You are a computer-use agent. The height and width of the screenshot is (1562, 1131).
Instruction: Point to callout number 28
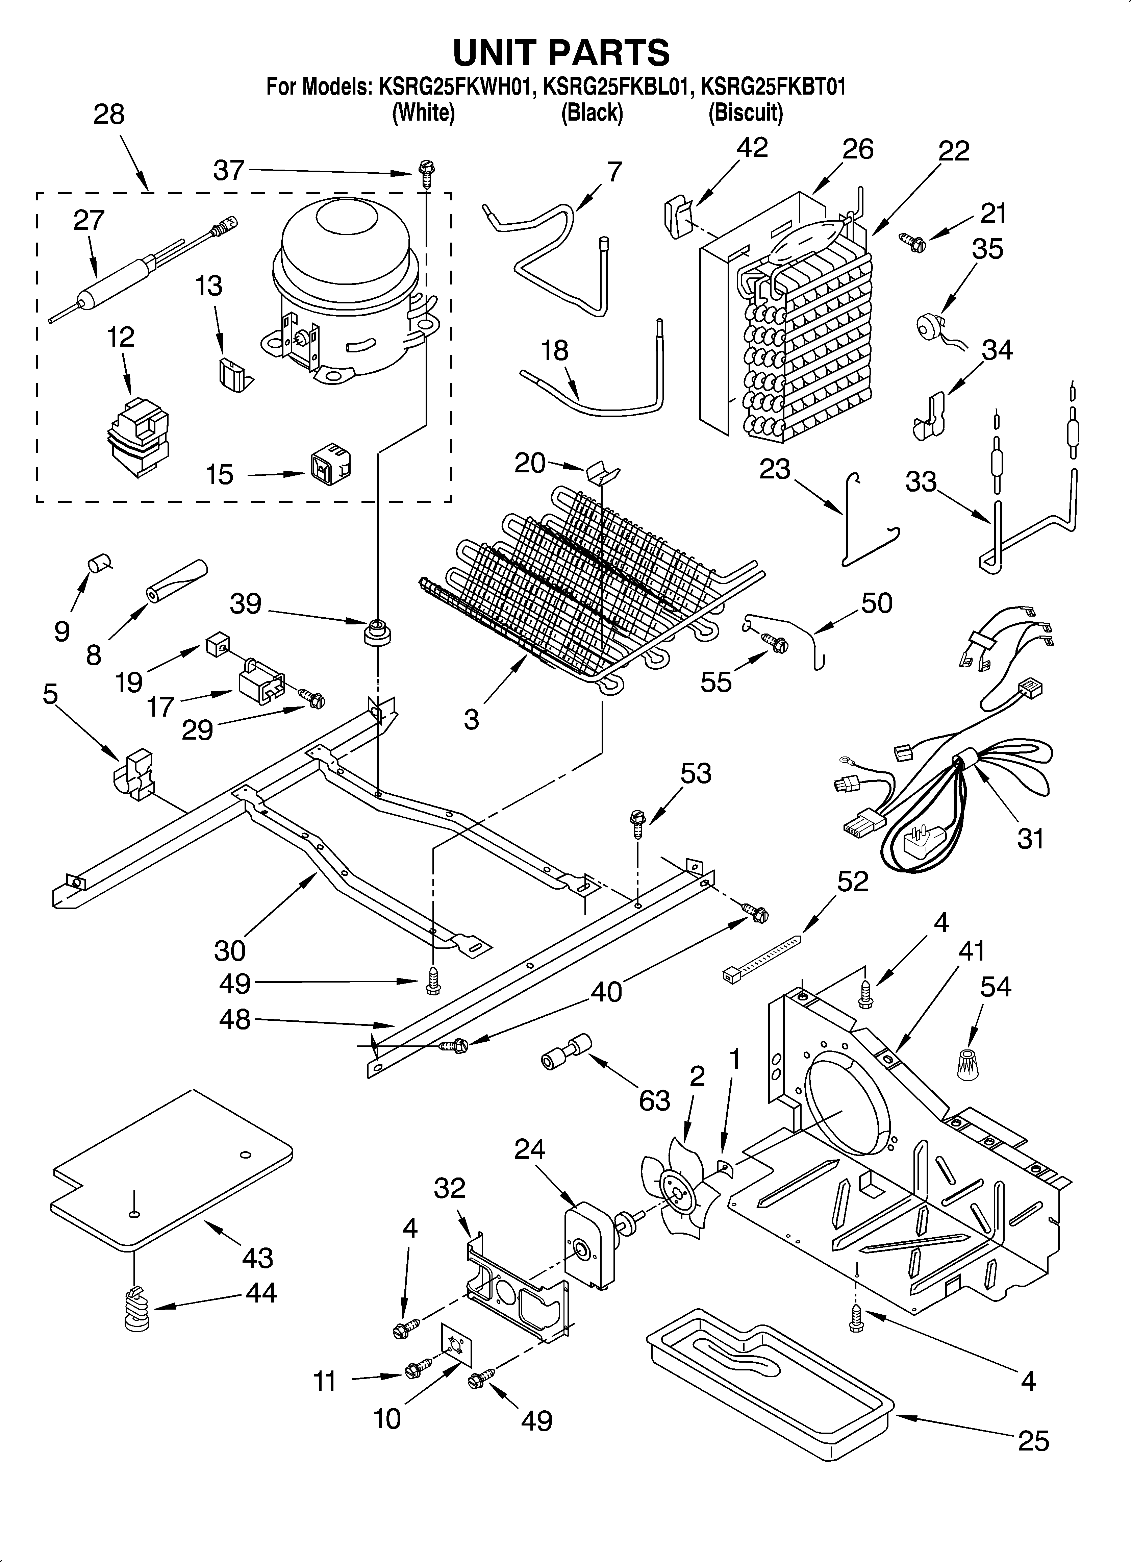tap(109, 114)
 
